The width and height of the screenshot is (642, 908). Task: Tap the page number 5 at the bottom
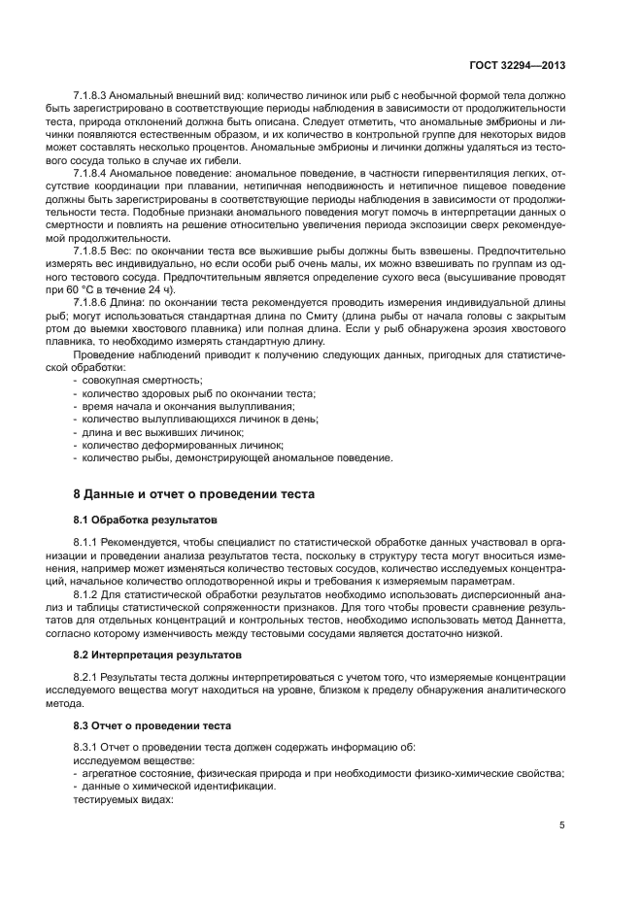pyautogui.click(x=562, y=826)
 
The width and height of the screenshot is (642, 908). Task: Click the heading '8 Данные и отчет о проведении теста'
pyautogui.click(x=194, y=493)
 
